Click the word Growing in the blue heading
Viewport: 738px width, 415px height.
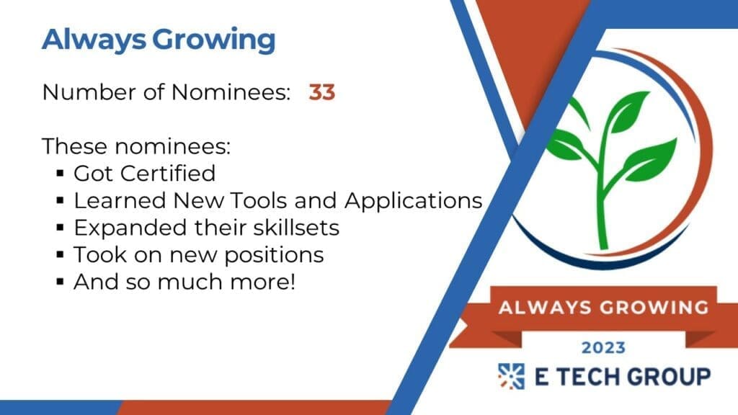(213, 40)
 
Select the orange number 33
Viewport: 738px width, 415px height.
(322, 92)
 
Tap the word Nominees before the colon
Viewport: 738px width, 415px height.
(231, 92)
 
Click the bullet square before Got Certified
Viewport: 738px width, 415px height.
(60, 174)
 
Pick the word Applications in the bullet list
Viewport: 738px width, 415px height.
(413, 202)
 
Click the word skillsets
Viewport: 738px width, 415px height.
(296, 228)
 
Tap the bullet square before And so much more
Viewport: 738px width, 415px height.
(60, 282)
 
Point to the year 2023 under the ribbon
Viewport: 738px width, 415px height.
(603, 348)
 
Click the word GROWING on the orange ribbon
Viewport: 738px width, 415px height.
(654, 307)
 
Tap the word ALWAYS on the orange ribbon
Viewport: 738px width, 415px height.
(545, 307)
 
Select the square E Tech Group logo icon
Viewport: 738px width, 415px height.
(512, 376)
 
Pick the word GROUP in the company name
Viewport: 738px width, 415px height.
(669, 377)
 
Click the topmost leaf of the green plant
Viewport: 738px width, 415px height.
(628, 110)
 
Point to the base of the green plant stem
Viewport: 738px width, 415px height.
(603, 245)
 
